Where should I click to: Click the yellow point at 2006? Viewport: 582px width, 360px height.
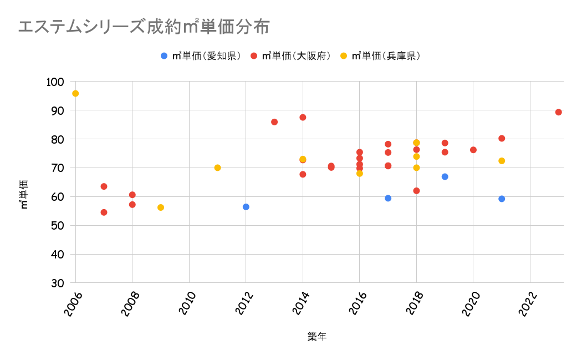[75, 93]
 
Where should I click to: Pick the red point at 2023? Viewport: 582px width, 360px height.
[558, 112]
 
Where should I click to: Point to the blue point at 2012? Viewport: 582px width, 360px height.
[246, 207]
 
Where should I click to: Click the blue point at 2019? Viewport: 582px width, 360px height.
[445, 176]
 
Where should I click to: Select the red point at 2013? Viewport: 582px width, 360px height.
[274, 122]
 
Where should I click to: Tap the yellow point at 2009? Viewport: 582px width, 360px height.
[161, 207]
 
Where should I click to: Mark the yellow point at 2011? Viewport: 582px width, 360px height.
[217, 168]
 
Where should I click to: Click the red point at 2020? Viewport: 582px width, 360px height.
[473, 150]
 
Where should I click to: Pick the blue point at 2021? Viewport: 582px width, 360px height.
[502, 199]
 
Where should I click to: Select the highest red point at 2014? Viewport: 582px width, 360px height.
[303, 117]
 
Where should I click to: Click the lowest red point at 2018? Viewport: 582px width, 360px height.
[416, 191]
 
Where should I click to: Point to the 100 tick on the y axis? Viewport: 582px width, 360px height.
[58, 82]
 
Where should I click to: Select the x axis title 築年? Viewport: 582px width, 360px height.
[317, 337]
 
